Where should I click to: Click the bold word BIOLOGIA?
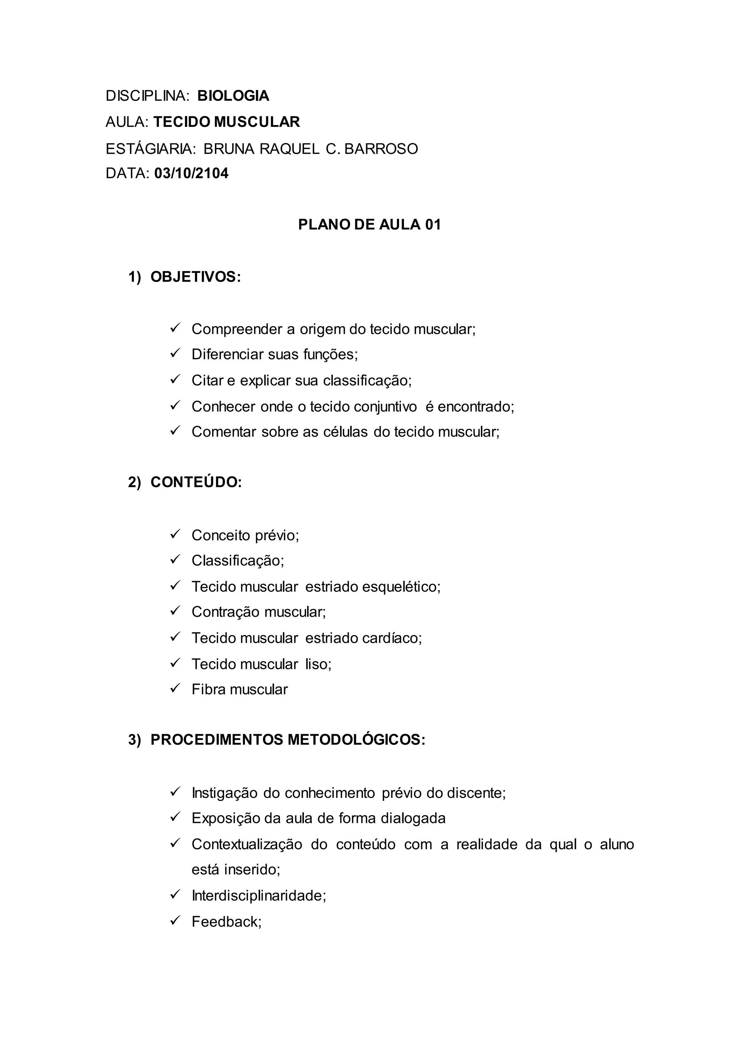pyautogui.click(x=233, y=96)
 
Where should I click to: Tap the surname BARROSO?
pyautogui.click(x=381, y=149)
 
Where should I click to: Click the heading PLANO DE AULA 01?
pyautogui.click(x=369, y=225)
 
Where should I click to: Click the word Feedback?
pyautogui.click(x=226, y=922)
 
